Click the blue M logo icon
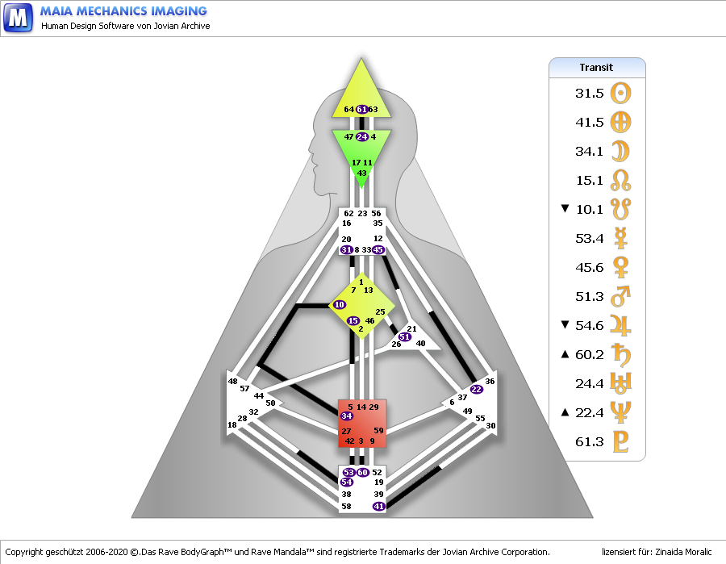18,17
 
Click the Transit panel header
597,68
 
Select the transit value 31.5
590,94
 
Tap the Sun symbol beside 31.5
621,94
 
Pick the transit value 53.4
590,239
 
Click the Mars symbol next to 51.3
621,297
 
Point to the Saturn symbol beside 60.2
621,355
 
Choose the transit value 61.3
590,442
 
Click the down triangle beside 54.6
565,326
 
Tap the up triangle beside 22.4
565,413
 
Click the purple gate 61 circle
362,110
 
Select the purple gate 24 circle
362,137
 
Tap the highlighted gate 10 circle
339,304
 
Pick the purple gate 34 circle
347,416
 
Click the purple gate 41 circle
378,506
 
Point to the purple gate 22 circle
476,390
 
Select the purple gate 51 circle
404,336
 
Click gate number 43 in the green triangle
361,173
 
